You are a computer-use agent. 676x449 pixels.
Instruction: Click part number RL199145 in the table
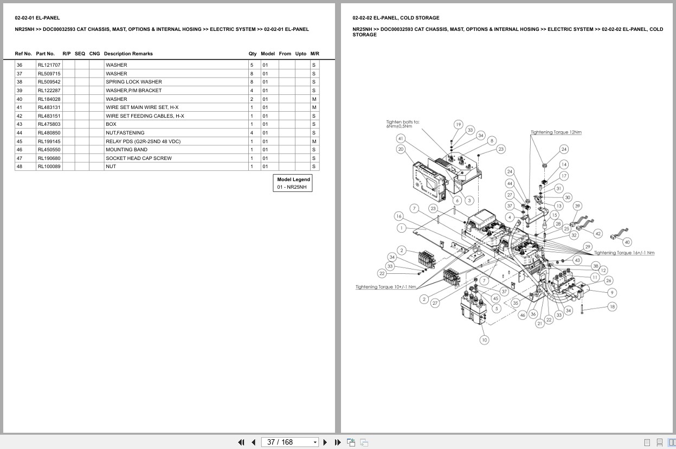point(49,142)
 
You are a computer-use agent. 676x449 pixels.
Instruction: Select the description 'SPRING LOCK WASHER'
point(133,82)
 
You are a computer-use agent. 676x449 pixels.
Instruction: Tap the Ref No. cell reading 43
point(20,124)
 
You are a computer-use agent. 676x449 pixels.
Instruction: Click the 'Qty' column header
point(253,54)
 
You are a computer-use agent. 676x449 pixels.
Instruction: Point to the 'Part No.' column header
point(46,54)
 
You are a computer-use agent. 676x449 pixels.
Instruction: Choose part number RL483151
point(49,116)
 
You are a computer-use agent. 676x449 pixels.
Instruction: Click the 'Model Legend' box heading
point(293,179)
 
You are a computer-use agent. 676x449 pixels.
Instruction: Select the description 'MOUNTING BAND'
point(126,150)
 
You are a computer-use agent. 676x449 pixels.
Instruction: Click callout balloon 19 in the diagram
point(458,125)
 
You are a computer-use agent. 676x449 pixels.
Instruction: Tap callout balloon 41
point(401,138)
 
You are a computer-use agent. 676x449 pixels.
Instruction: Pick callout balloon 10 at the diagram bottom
point(484,340)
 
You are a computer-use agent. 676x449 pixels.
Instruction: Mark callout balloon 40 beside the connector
point(627,242)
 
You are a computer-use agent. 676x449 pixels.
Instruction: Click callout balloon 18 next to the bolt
point(612,306)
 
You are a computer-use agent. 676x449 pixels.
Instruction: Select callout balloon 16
point(398,216)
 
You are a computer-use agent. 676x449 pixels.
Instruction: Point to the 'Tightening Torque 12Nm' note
point(556,132)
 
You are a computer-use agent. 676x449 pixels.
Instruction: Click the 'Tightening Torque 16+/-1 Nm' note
point(624,253)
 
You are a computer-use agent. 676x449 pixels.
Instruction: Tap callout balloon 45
point(495,298)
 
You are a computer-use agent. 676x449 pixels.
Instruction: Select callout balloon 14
point(564,164)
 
